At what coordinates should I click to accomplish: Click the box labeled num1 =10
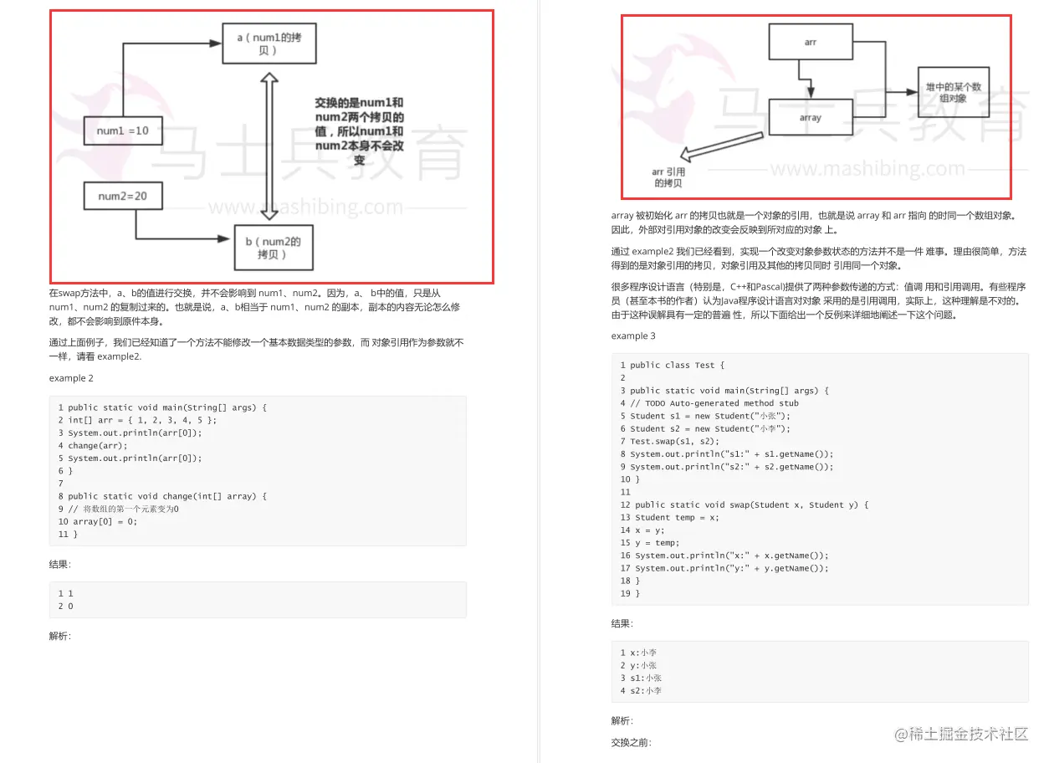[x=123, y=131]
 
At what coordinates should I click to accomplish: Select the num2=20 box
[x=123, y=196]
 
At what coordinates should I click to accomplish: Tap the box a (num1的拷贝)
[x=269, y=44]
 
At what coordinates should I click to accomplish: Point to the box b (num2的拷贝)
[x=274, y=248]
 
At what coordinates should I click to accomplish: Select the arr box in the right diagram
[x=810, y=42]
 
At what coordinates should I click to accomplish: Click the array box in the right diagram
[x=810, y=118]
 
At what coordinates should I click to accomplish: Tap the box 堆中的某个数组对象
[x=953, y=92]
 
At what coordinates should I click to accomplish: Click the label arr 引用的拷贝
[x=668, y=177]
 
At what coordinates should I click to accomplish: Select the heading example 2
[x=71, y=378]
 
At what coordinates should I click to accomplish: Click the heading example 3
[x=633, y=335]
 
